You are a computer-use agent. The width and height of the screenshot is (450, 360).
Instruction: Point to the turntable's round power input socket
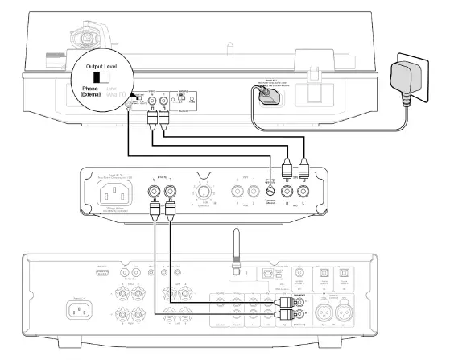[266, 93]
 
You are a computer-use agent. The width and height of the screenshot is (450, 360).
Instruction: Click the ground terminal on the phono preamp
[271, 192]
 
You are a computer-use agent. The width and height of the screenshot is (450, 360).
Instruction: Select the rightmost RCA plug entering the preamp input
[304, 171]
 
